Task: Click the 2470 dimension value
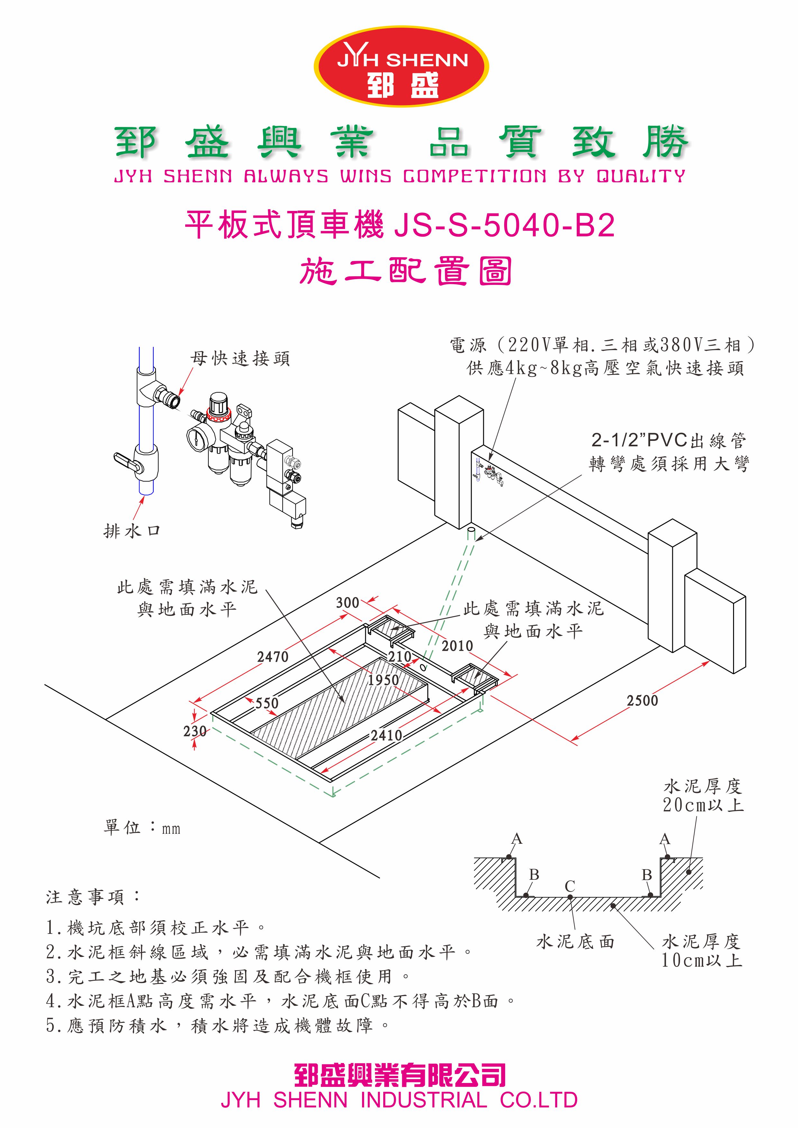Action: coord(273,657)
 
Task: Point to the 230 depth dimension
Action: coord(195,732)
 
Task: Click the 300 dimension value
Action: coord(348,603)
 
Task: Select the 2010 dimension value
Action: coord(457,646)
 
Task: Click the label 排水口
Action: coord(132,531)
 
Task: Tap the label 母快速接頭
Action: coord(240,359)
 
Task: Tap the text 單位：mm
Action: coord(142,828)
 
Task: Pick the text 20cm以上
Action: coord(703,805)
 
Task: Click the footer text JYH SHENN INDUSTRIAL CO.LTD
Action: coord(399,1100)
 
